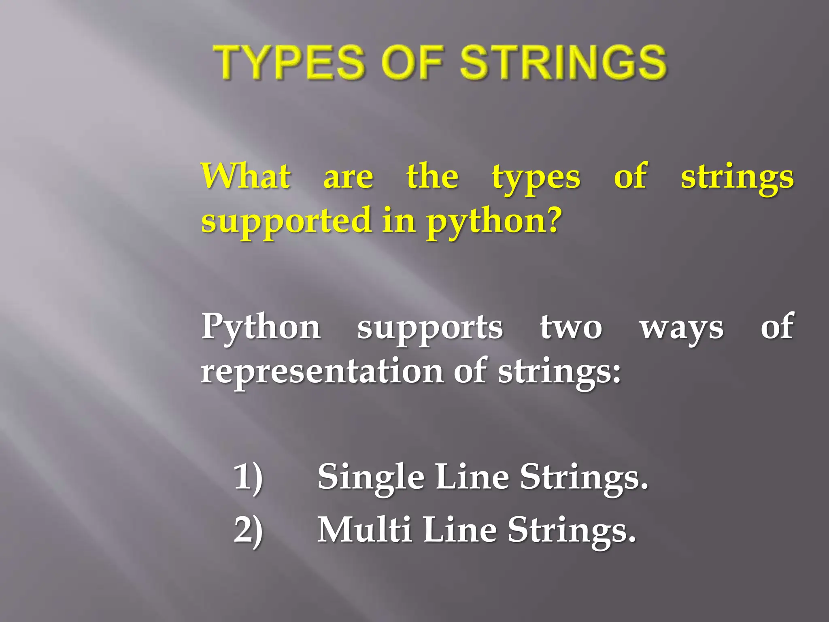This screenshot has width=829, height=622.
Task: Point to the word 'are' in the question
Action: [348, 178]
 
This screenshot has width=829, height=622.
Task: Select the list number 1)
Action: [248, 477]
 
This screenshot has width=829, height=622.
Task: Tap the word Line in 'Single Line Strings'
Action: [472, 477]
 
